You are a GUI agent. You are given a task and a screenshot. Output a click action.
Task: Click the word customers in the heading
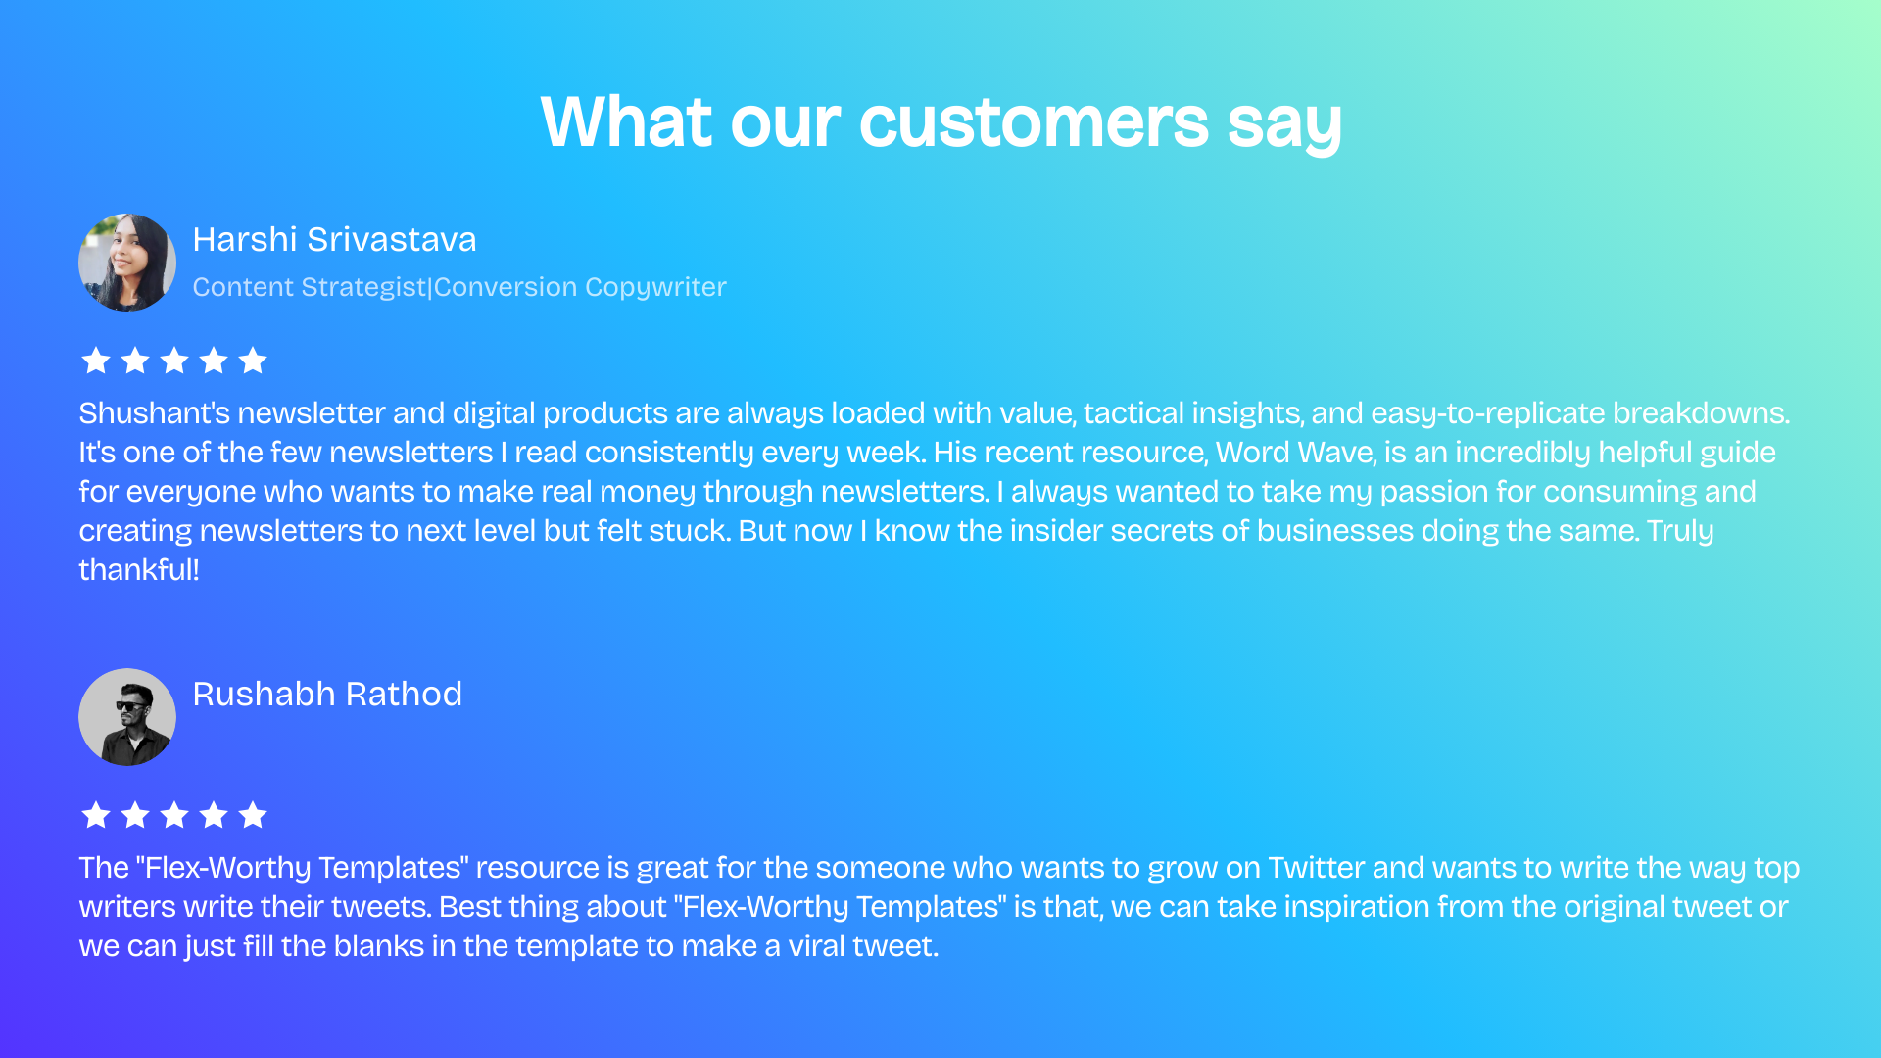coord(1034,123)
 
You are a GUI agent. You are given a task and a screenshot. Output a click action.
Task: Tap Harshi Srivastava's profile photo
coord(127,263)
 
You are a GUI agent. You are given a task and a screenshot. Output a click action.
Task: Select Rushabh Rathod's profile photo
coord(127,717)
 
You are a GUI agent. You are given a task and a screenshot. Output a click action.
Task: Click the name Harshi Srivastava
coord(334,240)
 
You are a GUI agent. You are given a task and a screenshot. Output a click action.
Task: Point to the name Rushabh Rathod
coord(327,695)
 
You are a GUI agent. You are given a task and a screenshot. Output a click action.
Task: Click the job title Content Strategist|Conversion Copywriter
coord(459,287)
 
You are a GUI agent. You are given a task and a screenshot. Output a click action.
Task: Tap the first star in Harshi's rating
coord(96,361)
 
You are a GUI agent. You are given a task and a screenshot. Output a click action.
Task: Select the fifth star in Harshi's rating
coord(253,361)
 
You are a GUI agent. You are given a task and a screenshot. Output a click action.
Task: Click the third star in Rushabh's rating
coord(174,815)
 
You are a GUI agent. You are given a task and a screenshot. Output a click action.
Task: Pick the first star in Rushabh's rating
coord(96,815)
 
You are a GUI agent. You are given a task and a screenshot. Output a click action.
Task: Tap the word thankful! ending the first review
coord(139,570)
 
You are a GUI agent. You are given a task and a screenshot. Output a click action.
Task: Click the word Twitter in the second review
coord(1316,868)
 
